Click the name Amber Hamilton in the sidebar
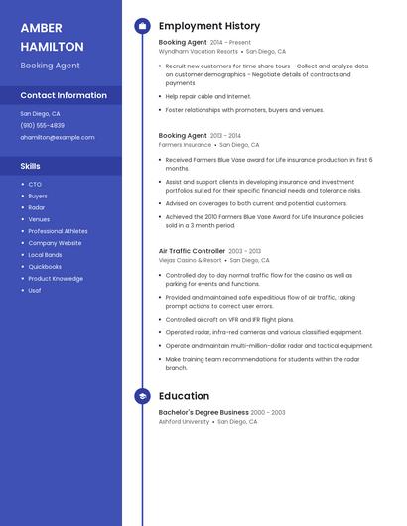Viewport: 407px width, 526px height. coord(52,37)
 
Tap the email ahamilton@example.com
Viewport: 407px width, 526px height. coord(58,137)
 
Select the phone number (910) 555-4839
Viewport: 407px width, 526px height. coord(42,126)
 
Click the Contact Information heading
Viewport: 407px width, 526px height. coord(64,95)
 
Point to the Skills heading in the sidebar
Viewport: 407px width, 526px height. coord(30,166)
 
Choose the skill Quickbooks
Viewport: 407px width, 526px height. coord(45,267)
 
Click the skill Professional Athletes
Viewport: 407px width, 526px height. coord(58,231)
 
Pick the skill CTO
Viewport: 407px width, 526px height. coord(35,184)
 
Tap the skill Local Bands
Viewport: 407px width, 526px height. coord(45,255)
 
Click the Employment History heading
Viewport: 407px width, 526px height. coord(209,26)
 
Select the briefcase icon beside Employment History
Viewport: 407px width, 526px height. coord(143,26)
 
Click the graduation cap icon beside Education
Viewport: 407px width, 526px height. coord(143,396)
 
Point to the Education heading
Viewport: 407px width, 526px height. coord(184,396)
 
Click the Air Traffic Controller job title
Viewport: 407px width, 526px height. coord(192,251)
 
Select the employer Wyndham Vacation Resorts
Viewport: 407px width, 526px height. coord(199,51)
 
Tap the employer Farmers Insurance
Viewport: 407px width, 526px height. coord(185,144)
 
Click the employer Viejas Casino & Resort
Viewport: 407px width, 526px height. coord(189,260)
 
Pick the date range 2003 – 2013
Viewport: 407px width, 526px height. coord(245,251)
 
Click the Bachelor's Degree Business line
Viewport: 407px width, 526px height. coord(203,412)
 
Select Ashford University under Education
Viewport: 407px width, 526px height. coord(185,421)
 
